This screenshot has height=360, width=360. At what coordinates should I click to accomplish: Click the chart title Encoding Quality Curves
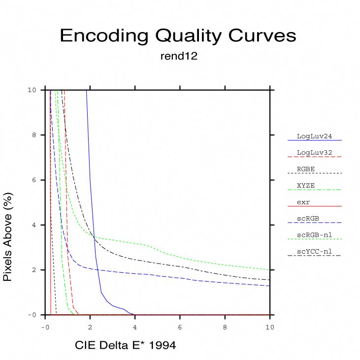[178, 36]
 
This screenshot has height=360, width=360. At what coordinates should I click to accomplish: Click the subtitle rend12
[179, 56]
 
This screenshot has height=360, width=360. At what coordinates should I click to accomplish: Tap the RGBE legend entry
[306, 169]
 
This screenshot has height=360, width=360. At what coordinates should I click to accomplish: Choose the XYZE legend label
[306, 185]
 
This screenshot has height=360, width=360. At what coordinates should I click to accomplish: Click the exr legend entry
[303, 202]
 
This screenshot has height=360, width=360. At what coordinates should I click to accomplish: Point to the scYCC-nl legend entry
[314, 252]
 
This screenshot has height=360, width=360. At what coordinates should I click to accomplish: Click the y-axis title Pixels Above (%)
[8, 237]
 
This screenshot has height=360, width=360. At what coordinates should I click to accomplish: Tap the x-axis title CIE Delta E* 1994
[125, 346]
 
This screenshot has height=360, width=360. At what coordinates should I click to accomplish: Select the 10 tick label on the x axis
[270, 326]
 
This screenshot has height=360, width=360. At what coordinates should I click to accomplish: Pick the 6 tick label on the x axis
[180, 326]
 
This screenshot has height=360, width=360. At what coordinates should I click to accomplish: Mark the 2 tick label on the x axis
[90, 326]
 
